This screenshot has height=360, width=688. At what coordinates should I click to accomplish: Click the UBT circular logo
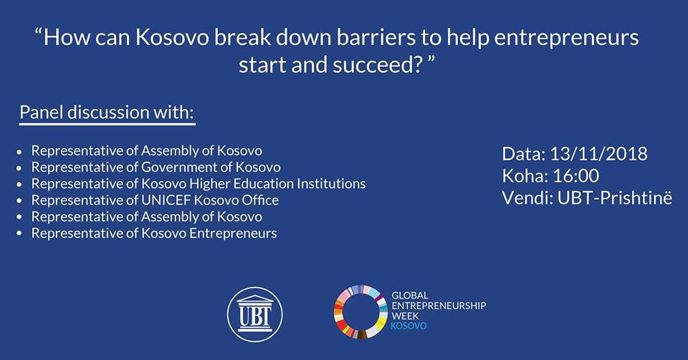click(255, 314)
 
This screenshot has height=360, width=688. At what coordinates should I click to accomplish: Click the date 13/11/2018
click(598, 153)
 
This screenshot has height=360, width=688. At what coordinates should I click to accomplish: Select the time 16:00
click(575, 176)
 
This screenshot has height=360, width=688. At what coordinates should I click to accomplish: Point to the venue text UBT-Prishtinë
click(615, 198)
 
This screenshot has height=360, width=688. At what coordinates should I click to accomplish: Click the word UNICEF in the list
click(166, 200)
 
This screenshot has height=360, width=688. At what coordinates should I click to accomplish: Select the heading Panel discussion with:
click(107, 113)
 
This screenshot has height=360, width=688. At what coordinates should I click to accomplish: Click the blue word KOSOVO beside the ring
click(408, 326)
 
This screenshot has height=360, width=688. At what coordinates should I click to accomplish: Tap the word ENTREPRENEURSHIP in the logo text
click(439, 305)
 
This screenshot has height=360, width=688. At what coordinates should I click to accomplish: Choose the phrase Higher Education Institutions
click(278, 184)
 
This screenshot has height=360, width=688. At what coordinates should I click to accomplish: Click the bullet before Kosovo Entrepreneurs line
click(19, 234)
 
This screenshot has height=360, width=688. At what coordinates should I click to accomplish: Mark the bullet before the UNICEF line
click(19, 201)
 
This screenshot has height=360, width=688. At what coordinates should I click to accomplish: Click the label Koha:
click(525, 176)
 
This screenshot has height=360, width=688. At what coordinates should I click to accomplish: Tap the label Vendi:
click(527, 198)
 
